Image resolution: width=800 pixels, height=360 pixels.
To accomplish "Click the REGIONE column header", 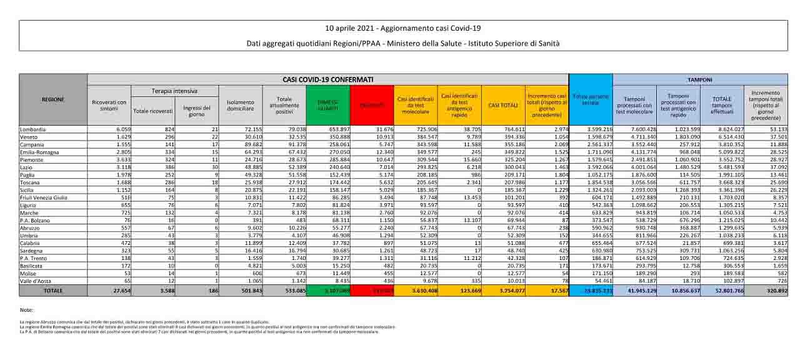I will click(52, 99).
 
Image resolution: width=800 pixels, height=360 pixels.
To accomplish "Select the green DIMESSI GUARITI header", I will click(328, 105).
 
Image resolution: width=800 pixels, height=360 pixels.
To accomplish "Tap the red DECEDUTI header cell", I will click(371, 105).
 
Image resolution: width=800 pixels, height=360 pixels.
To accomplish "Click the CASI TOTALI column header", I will click(502, 105).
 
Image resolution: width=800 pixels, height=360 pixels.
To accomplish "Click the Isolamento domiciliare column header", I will click(240, 105).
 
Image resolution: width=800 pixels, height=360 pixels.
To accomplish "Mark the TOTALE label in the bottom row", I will click(52, 291).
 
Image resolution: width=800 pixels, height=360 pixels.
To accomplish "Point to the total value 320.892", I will click(774, 291).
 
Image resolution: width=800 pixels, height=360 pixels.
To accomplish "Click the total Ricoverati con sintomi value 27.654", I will click(119, 291).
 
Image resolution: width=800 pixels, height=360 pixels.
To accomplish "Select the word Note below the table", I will click(26, 310).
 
